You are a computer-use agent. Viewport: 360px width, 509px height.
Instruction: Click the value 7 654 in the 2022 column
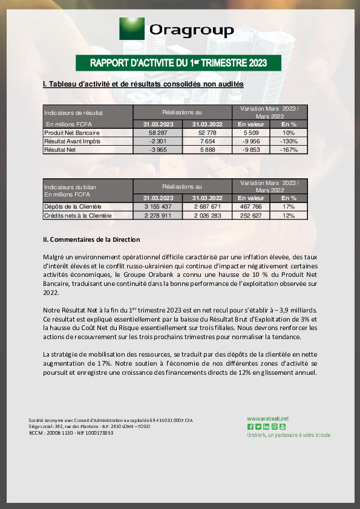click(x=208, y=141)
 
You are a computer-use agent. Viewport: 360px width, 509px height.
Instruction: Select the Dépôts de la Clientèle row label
click(x=69, y=206)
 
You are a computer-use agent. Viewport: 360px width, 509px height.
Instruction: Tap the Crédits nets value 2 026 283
click(x=208, y=215)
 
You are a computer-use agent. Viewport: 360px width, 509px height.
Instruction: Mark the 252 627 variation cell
click(x=250, y=215)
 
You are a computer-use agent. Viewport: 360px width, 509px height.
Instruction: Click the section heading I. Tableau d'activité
click(x=143, y=84)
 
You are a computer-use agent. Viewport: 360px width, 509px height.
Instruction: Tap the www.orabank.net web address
click(x=267, y=418)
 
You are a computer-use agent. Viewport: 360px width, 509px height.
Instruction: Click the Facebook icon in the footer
click(x=250, y=427)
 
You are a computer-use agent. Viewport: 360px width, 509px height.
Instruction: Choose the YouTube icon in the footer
click(x=282, y=427)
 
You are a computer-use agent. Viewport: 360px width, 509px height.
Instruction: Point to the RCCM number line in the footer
click(x=71, y=433)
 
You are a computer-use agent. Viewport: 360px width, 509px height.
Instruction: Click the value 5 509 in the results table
click(x=250, y=132)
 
